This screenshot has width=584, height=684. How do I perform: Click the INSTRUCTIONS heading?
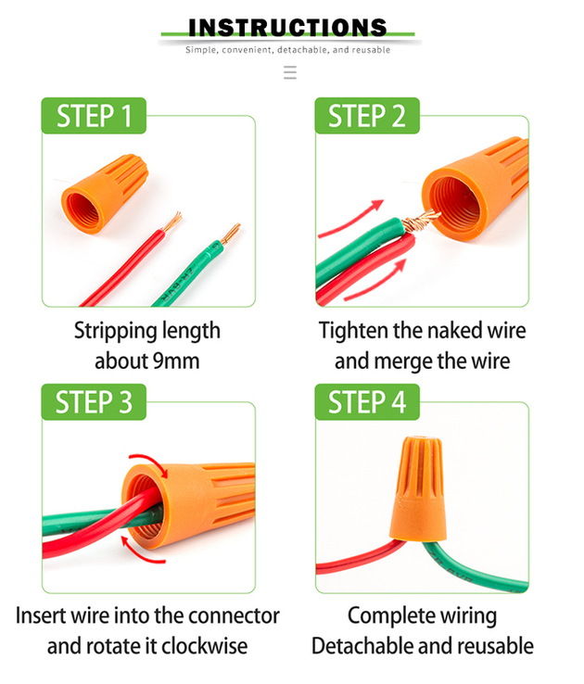coord(287,28)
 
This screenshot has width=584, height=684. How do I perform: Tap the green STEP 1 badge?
coord(94,116)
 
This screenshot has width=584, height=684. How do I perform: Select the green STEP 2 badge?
coord(367,116)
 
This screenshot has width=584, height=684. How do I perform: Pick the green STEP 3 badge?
coord(94,401)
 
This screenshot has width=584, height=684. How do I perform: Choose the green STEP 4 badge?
coord(367,401)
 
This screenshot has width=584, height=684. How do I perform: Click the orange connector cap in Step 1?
coord(105,193)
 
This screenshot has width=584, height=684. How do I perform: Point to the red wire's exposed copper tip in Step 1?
coord(171,222)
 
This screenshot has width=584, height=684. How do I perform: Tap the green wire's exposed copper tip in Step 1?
coord(230,234)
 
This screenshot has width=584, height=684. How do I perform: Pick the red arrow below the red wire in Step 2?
coord(376,282)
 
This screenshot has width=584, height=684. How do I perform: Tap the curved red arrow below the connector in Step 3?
coord(141,552)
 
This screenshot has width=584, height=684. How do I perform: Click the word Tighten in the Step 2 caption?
coord(354,331)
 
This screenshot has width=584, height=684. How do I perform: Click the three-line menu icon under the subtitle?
coord(290,72)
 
